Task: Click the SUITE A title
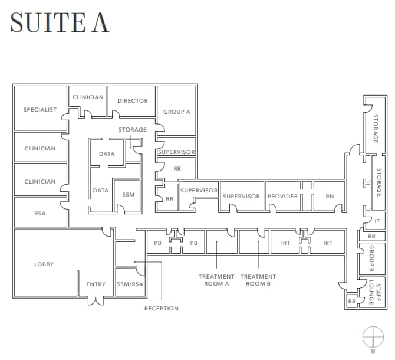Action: (x=60, y=22)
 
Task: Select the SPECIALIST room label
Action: (x=40, y=110)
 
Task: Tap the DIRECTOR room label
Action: (x=133, y=101)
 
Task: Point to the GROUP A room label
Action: (x=177, y=112)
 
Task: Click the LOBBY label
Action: (x=44, y=264)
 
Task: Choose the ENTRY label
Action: (x=96, y=284)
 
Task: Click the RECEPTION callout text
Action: (x=161, y=309)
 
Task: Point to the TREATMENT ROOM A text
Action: (x=216, y=280)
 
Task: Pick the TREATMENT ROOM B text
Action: (x=258, y=280)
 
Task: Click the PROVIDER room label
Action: (x=283, y=197)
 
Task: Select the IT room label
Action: (x=377, y=221)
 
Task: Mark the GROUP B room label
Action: (x=372, y=258)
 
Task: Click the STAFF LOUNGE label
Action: (x=371, y=292)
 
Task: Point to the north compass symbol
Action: (x=373, y=337)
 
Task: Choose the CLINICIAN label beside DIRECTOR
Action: (x=88, y=97)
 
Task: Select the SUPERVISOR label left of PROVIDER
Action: (x=241, y=197)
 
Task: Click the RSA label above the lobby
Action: (x=39, y=214)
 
